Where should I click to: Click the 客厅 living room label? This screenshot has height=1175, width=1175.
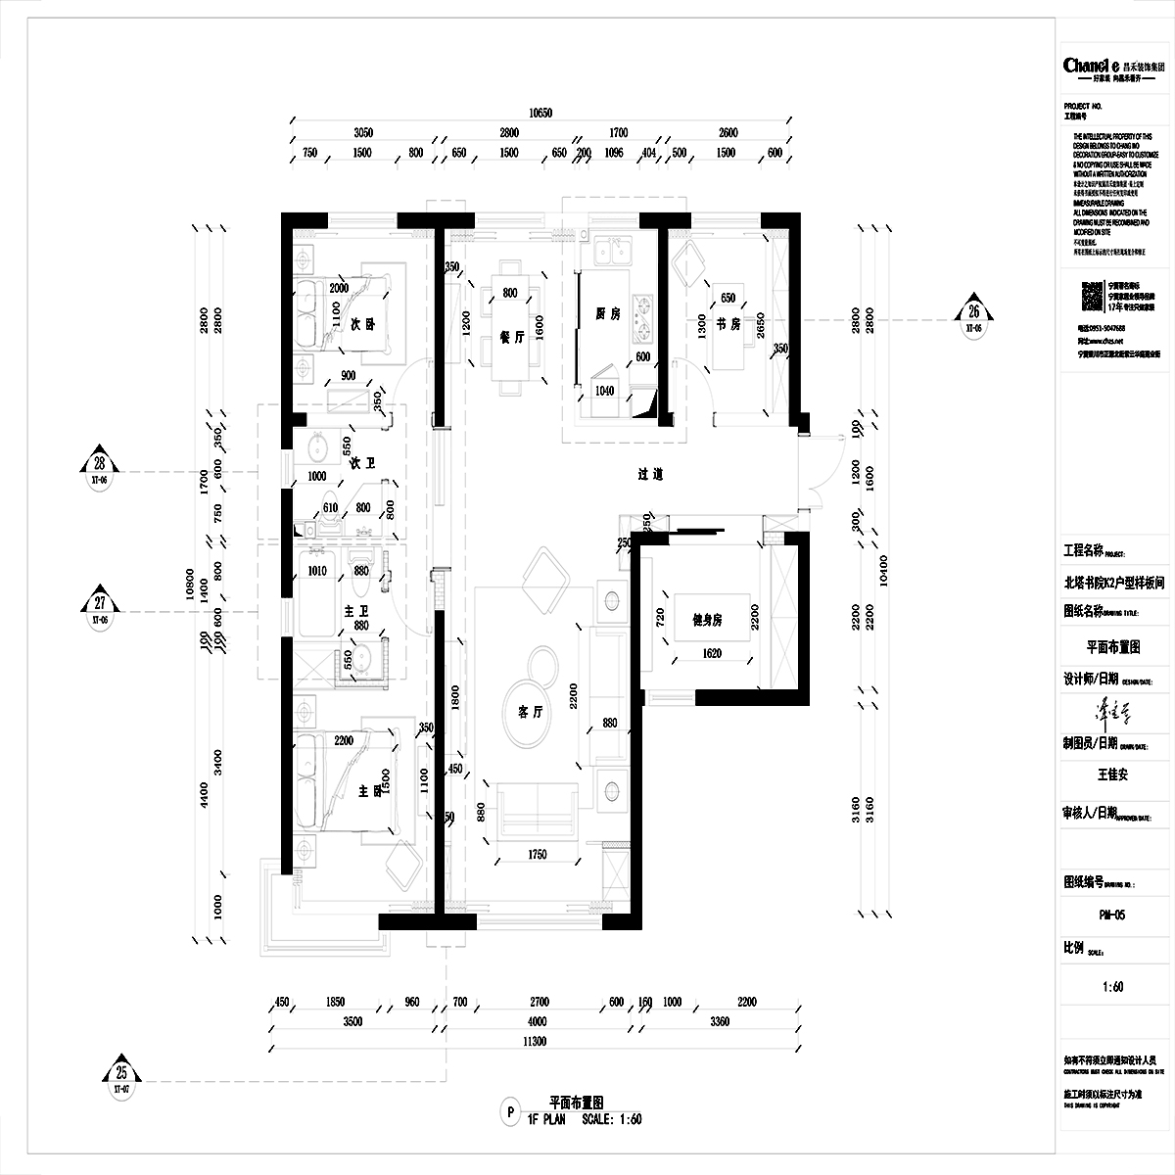[x=530, y=713]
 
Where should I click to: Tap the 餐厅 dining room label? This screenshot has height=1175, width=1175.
[x=512, y=335]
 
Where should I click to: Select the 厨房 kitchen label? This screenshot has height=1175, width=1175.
[x=608, y=314]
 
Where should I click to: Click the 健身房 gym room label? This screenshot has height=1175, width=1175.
[x=707, y=619]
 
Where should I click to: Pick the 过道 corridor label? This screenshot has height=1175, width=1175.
[x=651, y=475]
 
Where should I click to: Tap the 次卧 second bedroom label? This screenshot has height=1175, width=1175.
[x=362, y=325]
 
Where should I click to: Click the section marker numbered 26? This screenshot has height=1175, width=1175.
[x=973, y=313]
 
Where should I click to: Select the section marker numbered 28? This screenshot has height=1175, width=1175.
[x=100, y=467]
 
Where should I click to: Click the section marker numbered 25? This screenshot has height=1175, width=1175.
[x=122, y=1073]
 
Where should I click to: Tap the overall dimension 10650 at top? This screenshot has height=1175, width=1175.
[x=540, y=114]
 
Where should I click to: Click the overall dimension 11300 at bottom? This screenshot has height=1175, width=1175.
[x=534, y=1042]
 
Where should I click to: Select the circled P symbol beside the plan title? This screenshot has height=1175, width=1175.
[x=509, y=1111]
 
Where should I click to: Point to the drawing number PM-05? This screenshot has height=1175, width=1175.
[x=1112, y=916]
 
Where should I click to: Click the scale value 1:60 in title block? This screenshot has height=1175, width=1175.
[x=1112, y=987]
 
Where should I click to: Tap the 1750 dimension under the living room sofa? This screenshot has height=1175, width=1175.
[x=536, y=855]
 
